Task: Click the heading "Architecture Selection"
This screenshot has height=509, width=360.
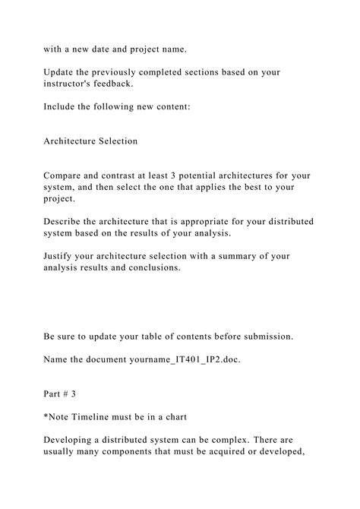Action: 91,141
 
